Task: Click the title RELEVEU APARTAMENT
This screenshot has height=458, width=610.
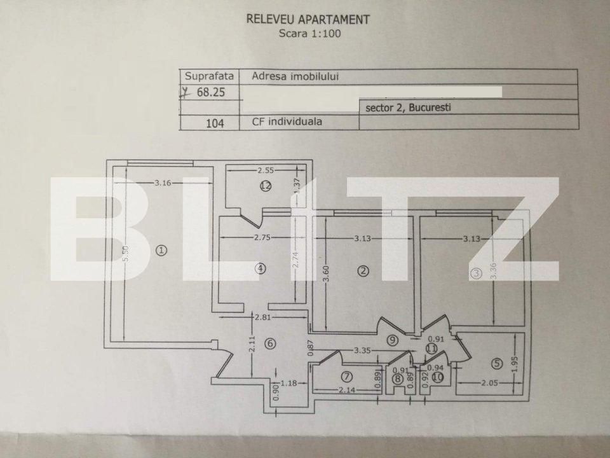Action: tap(308, 19)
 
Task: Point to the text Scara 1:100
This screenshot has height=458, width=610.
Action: tap(309, 34)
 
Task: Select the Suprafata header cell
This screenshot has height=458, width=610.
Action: tap(209, 76)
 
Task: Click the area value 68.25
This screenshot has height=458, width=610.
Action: tap(210, 92)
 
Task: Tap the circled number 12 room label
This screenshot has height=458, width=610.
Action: tap(266, 186)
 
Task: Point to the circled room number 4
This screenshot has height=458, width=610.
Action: tap(261, 268)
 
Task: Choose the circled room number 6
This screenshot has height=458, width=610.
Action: tap(271, 343)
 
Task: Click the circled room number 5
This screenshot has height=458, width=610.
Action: tap(497, 363)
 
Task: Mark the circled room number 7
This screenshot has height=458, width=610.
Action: tap(346, 376)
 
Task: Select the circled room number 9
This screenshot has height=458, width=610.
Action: tap(393, 340)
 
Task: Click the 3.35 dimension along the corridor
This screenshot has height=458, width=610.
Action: tap(362, 350)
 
